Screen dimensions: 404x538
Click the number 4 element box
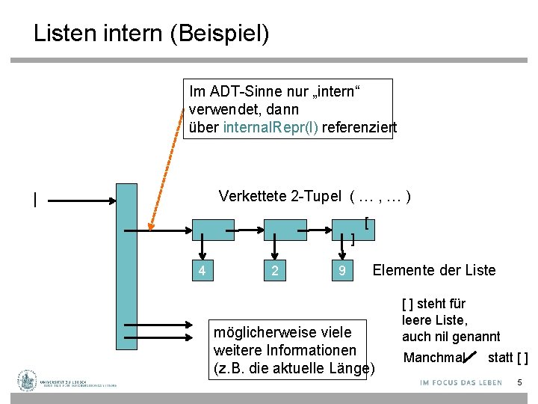coord(202,270)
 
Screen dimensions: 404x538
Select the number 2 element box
coord(275,270)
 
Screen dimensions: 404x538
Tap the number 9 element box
coord(341,270)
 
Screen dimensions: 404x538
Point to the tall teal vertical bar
coord(127,266)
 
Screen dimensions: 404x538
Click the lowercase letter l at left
coord(34,199)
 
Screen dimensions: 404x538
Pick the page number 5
coord(519,383)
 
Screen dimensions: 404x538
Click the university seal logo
coord(28,381)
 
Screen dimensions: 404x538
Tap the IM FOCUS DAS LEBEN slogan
coord(461,383)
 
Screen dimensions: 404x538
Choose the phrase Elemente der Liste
coord(433,270)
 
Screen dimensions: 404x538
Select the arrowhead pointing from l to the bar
coord(113,200)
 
